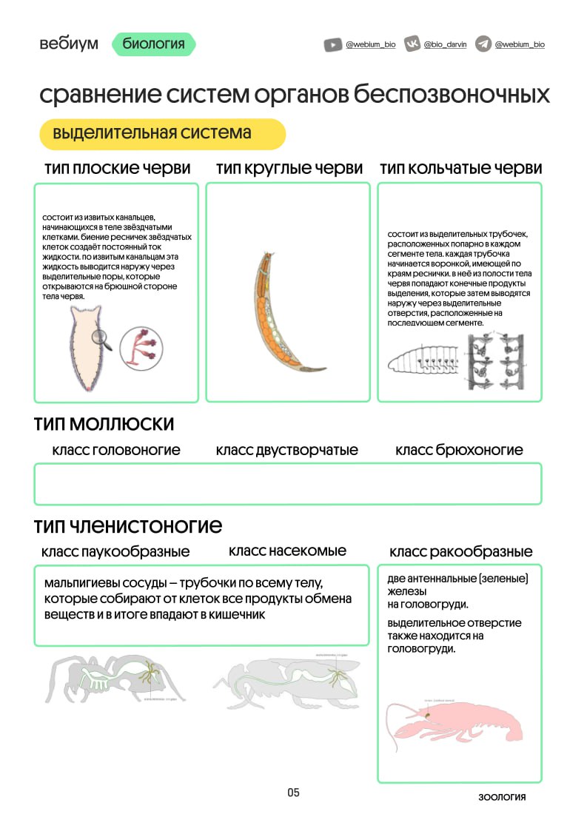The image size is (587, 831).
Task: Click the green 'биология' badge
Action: tap(154, 44)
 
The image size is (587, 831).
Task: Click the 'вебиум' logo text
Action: tap(69, 44)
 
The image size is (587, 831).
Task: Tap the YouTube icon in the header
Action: tap(332, 44)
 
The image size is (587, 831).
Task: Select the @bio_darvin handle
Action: tap(446, 44)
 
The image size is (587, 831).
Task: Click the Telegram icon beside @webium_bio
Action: tap(483, 44)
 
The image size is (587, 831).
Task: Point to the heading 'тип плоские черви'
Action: tap(117, 169)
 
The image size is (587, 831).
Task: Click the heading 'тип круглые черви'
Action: tap(289, 169)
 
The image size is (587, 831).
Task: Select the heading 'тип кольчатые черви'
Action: tap(460, 169)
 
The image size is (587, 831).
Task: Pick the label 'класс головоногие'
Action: tap(116, 451)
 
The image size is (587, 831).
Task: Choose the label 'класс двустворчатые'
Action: tap(287, 451)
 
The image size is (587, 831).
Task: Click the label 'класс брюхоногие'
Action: tap(459, 451)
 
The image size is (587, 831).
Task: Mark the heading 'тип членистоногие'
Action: tap(128, 526)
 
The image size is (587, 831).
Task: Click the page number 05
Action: tap(294, 793)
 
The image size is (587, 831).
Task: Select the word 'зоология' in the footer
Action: tap(502, 797)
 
